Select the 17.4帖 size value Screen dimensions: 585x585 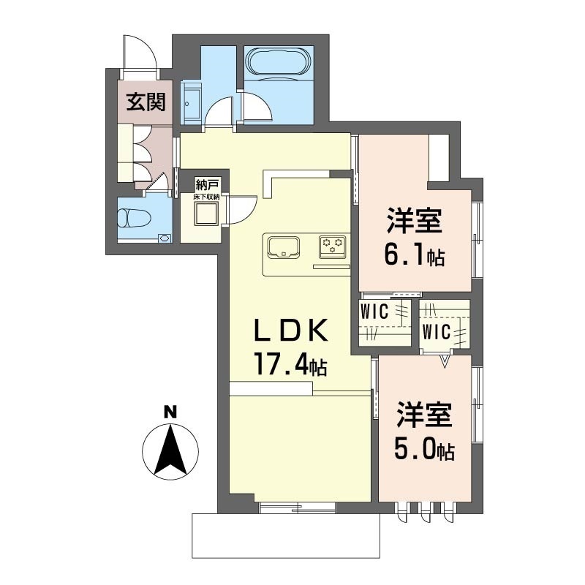(289, 363)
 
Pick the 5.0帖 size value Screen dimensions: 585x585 (425, 448)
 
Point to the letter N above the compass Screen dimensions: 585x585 (170, 412)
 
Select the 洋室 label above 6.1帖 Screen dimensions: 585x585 (414, 220)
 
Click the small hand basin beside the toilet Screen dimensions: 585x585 (163, 238)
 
